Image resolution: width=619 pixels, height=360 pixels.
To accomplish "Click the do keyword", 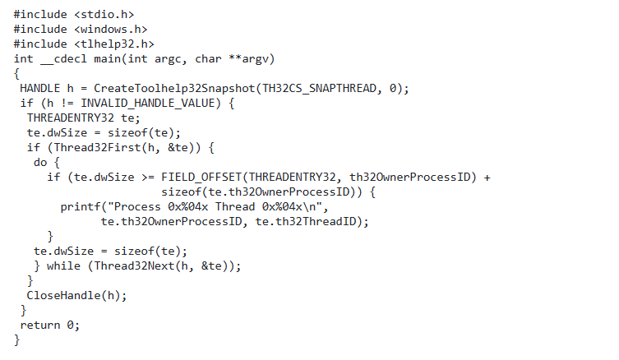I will (40, 163).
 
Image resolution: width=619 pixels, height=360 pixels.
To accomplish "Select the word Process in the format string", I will (136, 207).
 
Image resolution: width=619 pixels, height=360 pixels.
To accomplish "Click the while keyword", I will (64, 266).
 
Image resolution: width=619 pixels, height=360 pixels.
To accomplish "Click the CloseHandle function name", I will (63, 296).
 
